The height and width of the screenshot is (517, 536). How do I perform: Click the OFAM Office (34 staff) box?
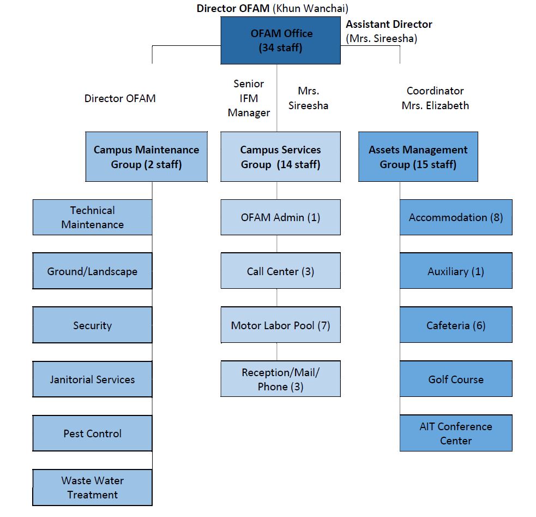click(280, 40)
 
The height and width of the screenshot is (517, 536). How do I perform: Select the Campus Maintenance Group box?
click(146, 157)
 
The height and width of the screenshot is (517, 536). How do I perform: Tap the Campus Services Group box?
click(280, 157)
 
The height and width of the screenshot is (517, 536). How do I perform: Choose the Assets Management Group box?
click(418, 157)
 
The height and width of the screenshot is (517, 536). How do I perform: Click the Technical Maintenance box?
click(92, 217)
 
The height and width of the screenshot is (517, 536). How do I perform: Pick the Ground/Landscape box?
click(92, 271)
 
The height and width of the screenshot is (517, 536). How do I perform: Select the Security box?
click(92, 325)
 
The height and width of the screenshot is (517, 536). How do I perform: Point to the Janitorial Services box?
click(92, 379)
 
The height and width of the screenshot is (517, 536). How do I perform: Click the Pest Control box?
click(92, 433)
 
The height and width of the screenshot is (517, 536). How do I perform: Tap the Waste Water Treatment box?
click(92, 487)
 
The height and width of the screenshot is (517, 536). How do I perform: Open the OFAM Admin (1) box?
click(280, 217)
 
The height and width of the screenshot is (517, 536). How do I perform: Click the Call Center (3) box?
click(280, 271)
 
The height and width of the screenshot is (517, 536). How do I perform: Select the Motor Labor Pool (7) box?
click(280, 325)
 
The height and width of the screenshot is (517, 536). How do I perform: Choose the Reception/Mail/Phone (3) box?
click(280, 379)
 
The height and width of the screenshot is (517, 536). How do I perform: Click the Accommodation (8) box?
click(456, 217)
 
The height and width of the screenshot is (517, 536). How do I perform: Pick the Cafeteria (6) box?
click(456, 325)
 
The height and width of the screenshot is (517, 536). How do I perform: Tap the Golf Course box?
click(456, 379)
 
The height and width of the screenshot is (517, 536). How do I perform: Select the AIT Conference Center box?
click(456, 433)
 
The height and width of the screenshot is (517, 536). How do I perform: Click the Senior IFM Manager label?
click(249, 98)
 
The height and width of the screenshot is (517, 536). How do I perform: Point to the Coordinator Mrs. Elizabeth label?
click(435, 98)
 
